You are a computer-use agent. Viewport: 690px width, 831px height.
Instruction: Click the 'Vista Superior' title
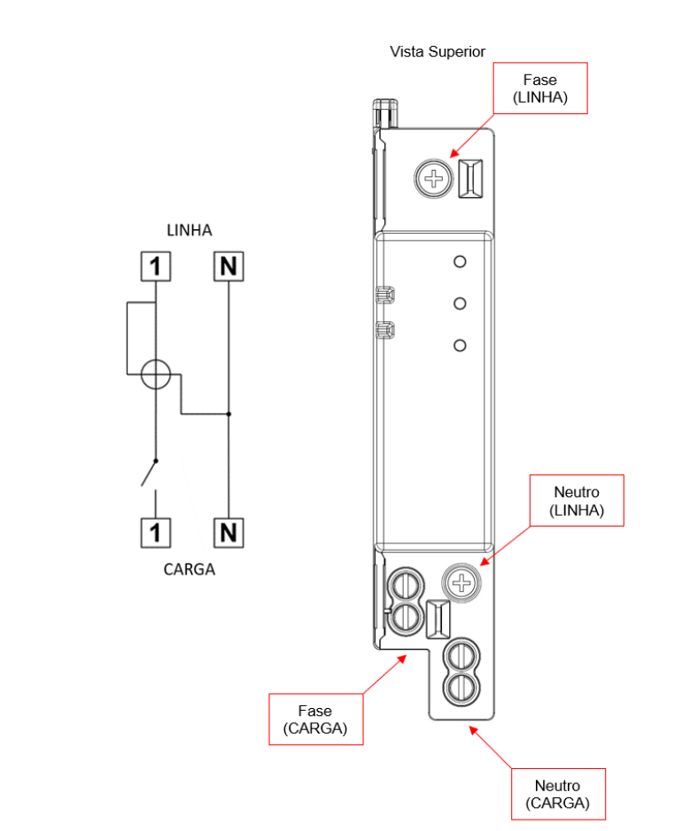click(437, 51)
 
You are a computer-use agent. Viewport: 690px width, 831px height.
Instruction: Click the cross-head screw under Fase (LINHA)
click(434, 179)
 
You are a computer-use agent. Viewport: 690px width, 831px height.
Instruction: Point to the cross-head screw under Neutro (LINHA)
click(461, 582)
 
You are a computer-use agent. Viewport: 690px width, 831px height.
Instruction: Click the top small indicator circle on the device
click(460, 261)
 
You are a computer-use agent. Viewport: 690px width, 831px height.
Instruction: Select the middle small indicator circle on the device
click(460, 304)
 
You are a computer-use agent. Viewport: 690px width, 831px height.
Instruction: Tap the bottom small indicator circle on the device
click(460, 345)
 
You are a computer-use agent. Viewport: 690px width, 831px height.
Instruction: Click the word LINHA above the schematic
click(190, 231)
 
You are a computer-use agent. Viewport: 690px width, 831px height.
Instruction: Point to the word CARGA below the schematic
click(190, 569)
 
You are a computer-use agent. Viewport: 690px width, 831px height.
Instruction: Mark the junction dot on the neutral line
click(229, 414)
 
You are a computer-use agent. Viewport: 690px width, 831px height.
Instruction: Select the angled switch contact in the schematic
click(149, 473)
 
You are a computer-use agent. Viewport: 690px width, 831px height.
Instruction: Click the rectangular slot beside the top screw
click(470, 179)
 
